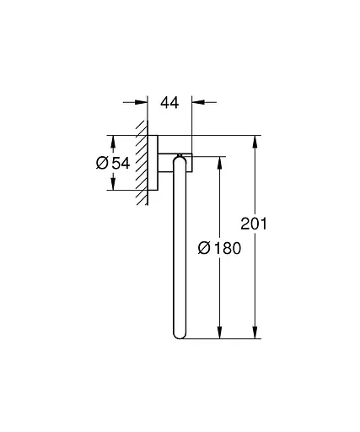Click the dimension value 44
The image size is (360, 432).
tap(171, 102)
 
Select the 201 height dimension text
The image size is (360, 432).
tap(254, 224)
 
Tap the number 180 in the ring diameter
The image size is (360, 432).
tap(225, 248)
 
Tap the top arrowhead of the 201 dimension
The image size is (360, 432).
tap(254, 140)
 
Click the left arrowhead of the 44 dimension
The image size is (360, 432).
tap(142, 102)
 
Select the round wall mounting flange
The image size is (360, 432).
tap(154, 162)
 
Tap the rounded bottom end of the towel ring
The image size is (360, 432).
tap(180, 334)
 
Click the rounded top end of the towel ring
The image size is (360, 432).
tap(180, 158)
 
